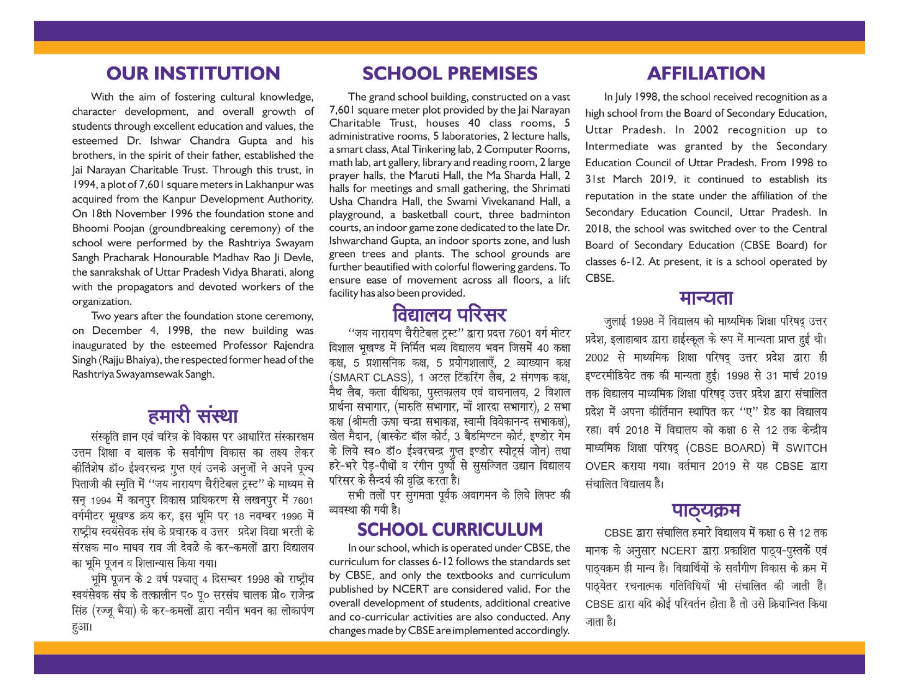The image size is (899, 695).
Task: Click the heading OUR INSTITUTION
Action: [193, 73]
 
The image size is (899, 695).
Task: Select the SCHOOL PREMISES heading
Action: [449, 73]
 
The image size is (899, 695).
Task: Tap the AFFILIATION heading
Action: [706, 73]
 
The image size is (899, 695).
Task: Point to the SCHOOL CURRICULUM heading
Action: [450, 529]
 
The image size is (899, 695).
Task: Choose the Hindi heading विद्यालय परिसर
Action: [449, 315]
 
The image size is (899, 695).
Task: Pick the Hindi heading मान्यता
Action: [706, 298]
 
